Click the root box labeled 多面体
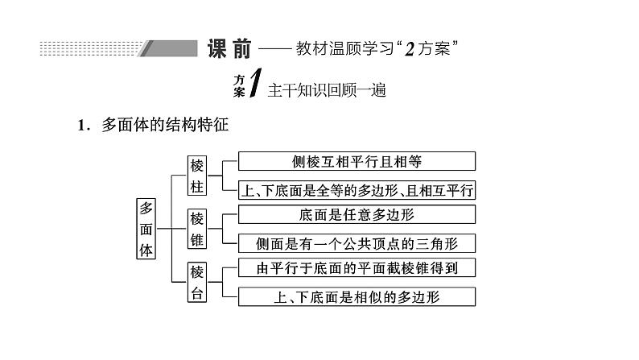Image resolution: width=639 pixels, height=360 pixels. pyautogui.click(x=146, y=228)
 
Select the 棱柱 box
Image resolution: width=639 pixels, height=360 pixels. pyautogui.click(x=198, y=175)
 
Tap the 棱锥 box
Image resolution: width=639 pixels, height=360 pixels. pyautogui.click(x=198, y=228)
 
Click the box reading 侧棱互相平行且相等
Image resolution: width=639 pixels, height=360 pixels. pyautogui.click(x=357, y=160)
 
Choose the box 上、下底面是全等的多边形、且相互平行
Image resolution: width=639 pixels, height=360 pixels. pyautogui.click(x=357, y=189)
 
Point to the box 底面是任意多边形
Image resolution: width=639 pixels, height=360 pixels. pyautogui.click(x=357, y=214)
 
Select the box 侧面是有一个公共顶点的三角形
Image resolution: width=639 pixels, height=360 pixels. pyautogui.click(x=357, y=242)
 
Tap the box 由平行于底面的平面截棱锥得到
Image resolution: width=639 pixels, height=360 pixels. pyautogui.click(x=357, y=268)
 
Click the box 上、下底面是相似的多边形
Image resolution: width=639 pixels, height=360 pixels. pyautogui.click(x=357, y=296)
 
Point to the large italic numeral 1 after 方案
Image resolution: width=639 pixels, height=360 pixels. pyautogui.click(x=255, y=85)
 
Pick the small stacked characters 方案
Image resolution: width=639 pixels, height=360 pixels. pyautogui.click(x=239, y=86)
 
